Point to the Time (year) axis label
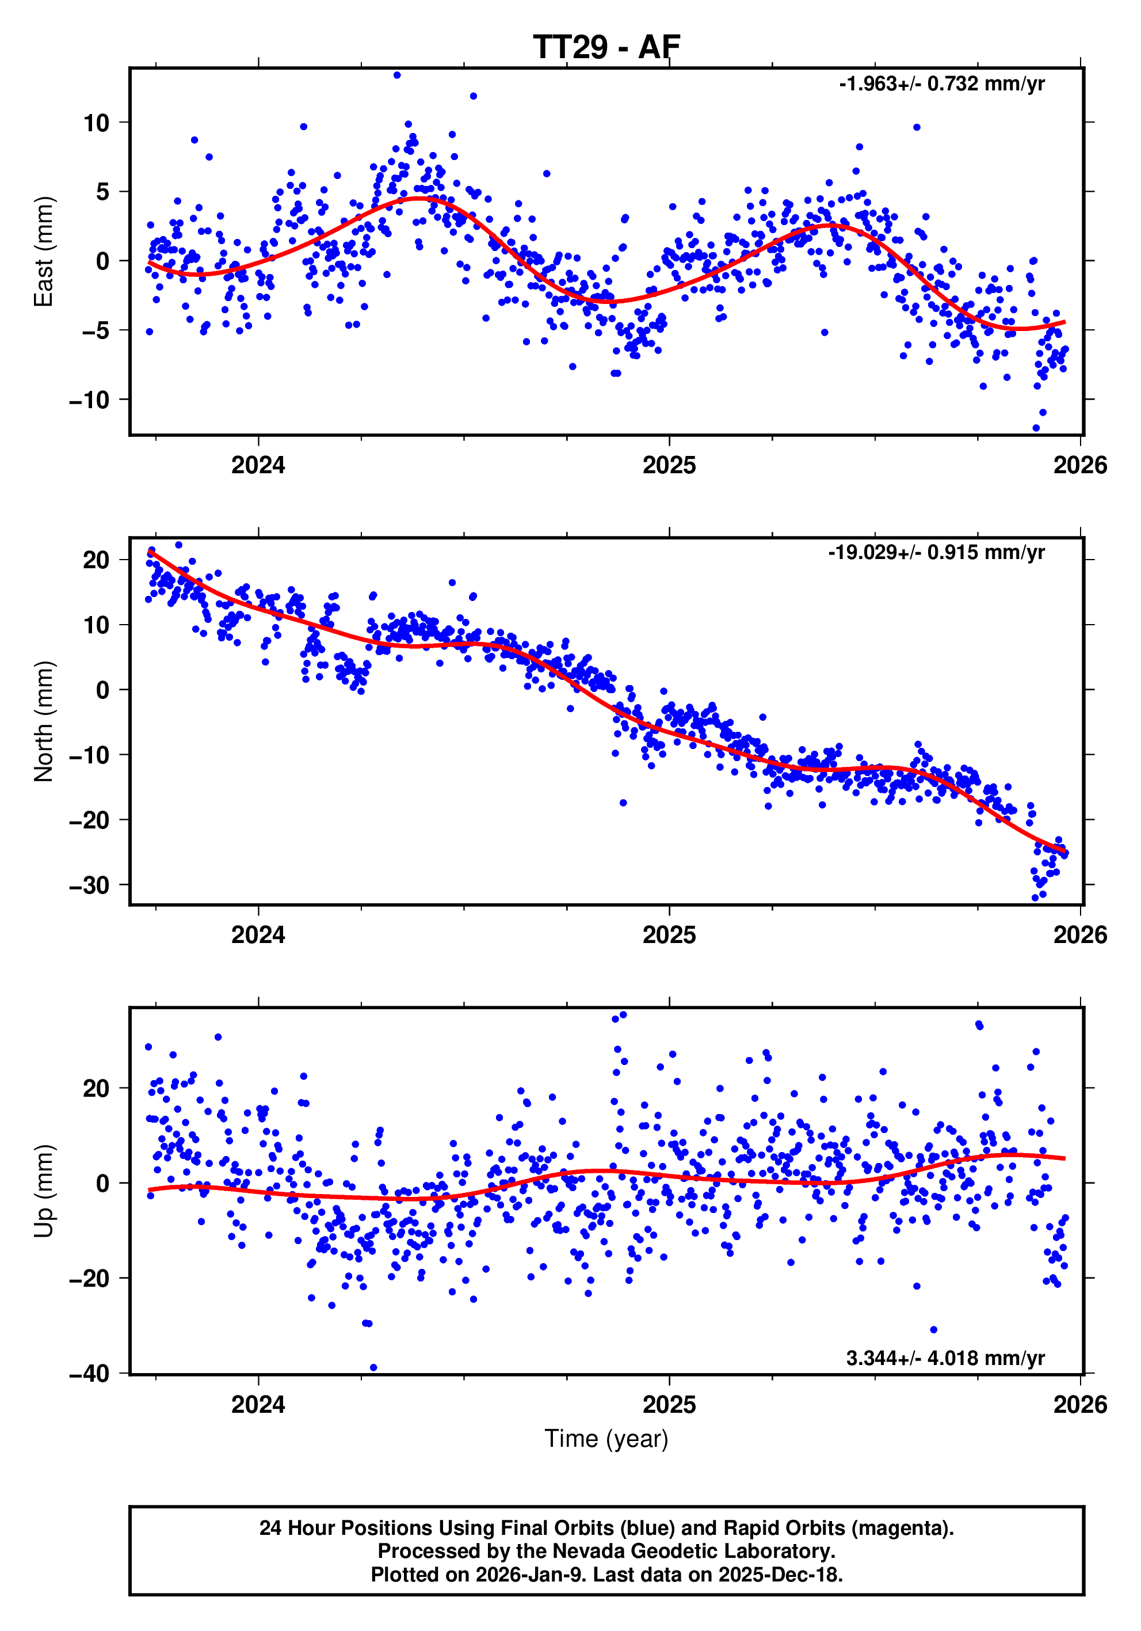[x=606, y=1439]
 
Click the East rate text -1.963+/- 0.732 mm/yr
[x=941, y=84]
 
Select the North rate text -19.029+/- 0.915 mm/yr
[x=936, y=552]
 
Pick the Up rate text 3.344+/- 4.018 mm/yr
[x=945, y=1358]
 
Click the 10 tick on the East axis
[x=97, y=123]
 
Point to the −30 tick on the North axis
[x=89, y=885]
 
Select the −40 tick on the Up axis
[x=89, y=1374]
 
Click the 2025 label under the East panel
[x=669, y=465]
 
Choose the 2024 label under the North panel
[x=258, y=935]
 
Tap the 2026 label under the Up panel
[x=1080, y=1404]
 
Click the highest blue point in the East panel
[x=397, y=75]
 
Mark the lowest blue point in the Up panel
[x=373, y=1367]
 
